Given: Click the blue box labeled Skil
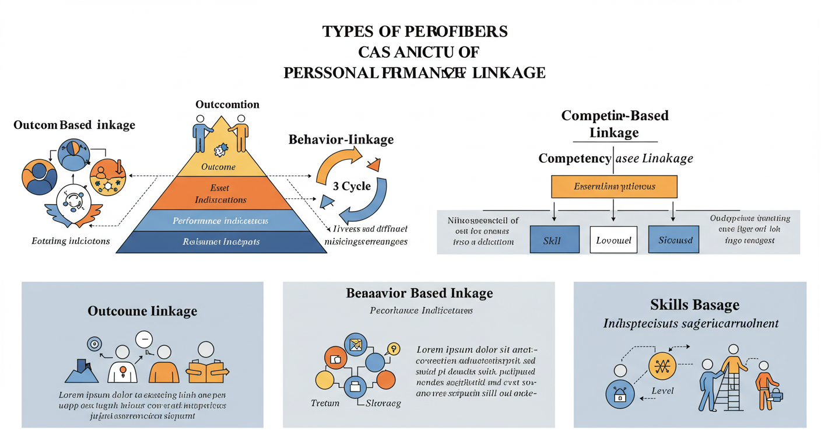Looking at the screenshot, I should [x=555, y=240].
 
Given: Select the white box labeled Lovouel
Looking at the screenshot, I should [x=614, y=240].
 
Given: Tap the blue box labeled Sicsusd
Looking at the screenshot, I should [x=674, y=240].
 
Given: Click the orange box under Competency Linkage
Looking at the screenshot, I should [x=614, y=187].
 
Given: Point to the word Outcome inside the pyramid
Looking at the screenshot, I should [x=218, y=167].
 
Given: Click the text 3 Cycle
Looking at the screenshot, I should [x=352, y=186].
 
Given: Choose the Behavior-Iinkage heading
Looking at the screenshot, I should [x=341, y=140].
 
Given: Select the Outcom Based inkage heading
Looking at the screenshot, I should [x=74, y=125].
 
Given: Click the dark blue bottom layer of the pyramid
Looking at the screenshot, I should [x=222, y=242].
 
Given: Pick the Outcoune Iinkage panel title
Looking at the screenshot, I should [x=142, y=311].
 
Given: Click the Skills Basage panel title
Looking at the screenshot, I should [x=694, y=304].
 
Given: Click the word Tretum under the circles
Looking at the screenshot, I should [x=325, y=403].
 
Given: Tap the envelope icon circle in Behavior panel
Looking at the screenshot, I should [x=355, y=344].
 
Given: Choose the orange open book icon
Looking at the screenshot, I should [x=206, y=371].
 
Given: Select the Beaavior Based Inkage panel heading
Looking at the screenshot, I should [x=419, y=293].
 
